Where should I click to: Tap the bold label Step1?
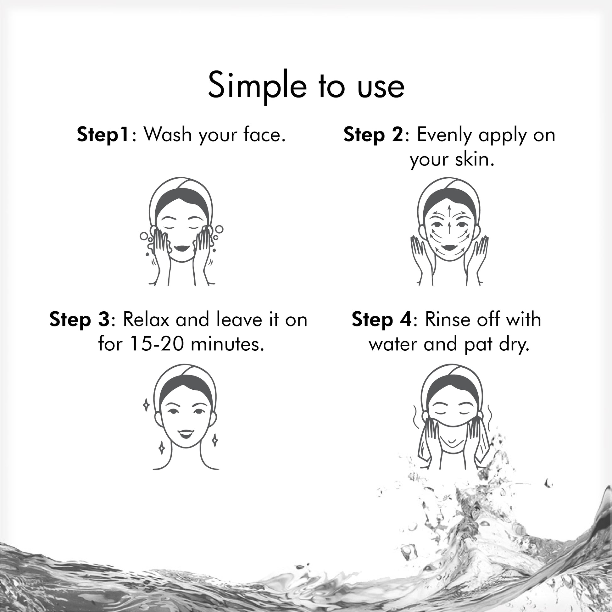[x=103, y=134]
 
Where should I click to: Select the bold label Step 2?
[x=374, y=134]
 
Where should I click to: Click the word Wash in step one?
[x=168, y=134]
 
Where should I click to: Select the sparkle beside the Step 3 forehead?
[x=146, y=405]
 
